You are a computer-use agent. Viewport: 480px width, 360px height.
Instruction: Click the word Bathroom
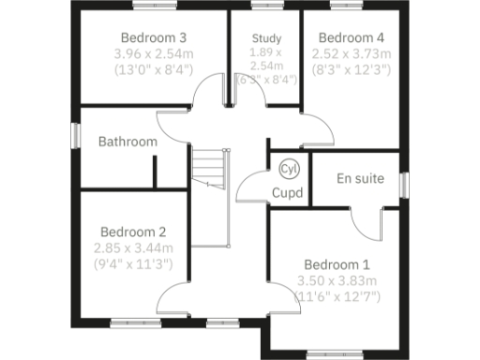tap(127, 142)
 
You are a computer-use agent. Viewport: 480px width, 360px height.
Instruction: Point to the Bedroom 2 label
tap(133, 232)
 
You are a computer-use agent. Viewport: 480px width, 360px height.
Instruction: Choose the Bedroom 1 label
tap(336, 265)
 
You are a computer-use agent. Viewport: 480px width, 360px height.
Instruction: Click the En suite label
tap(360, 178)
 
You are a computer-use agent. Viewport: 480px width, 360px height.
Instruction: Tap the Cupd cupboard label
tap(286, 193)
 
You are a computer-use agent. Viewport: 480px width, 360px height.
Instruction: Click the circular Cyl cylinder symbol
tap(289, 170)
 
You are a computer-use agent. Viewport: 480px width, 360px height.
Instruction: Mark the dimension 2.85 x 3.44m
tap(133, 248)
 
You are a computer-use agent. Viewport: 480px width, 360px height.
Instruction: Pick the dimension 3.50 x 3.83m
tap(336, 281)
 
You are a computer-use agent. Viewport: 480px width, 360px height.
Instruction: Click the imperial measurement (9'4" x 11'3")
tap(133, 264)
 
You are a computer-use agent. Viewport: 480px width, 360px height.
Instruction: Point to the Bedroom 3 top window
tap(155, 6)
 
